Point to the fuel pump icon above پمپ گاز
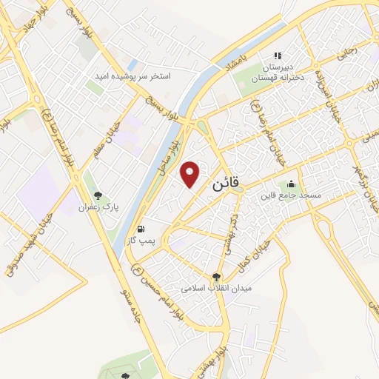pos(141,229)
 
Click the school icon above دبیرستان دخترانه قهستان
pos(278,56)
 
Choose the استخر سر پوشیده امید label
pos(133,76)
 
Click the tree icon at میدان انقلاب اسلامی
pos(216,275)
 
